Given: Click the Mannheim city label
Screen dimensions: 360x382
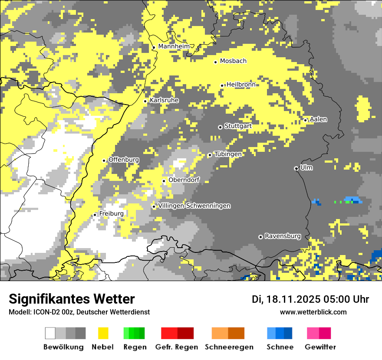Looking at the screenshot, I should (174, 46).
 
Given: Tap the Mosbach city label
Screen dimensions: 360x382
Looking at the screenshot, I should (233, 61).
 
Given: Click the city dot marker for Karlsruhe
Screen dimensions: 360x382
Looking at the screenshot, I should (145, 101).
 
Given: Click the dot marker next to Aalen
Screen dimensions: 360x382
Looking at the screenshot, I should (306, 120).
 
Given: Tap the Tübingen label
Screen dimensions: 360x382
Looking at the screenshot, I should (228, 154).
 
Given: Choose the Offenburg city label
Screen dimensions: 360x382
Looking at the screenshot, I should (124, 160).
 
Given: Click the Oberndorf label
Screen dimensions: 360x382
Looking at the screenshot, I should (184, 180).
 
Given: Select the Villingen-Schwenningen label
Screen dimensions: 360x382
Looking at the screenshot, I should (194, 206).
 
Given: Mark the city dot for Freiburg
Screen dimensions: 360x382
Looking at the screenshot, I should (95, 215).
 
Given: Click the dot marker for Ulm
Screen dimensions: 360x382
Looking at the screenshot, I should (296, 168).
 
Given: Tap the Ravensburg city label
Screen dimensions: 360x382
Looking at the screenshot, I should (283, 236).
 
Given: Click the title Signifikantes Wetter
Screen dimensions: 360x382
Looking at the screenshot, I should (72, 299).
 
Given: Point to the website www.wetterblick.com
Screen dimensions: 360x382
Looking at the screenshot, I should (313, 312).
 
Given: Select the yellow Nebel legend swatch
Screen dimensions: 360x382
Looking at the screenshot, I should (103, 333).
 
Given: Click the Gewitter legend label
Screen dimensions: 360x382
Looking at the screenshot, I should (320, 347).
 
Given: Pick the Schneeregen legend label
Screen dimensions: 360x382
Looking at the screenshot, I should (229, 347).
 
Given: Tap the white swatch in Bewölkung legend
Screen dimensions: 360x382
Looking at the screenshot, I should (50, 333).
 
